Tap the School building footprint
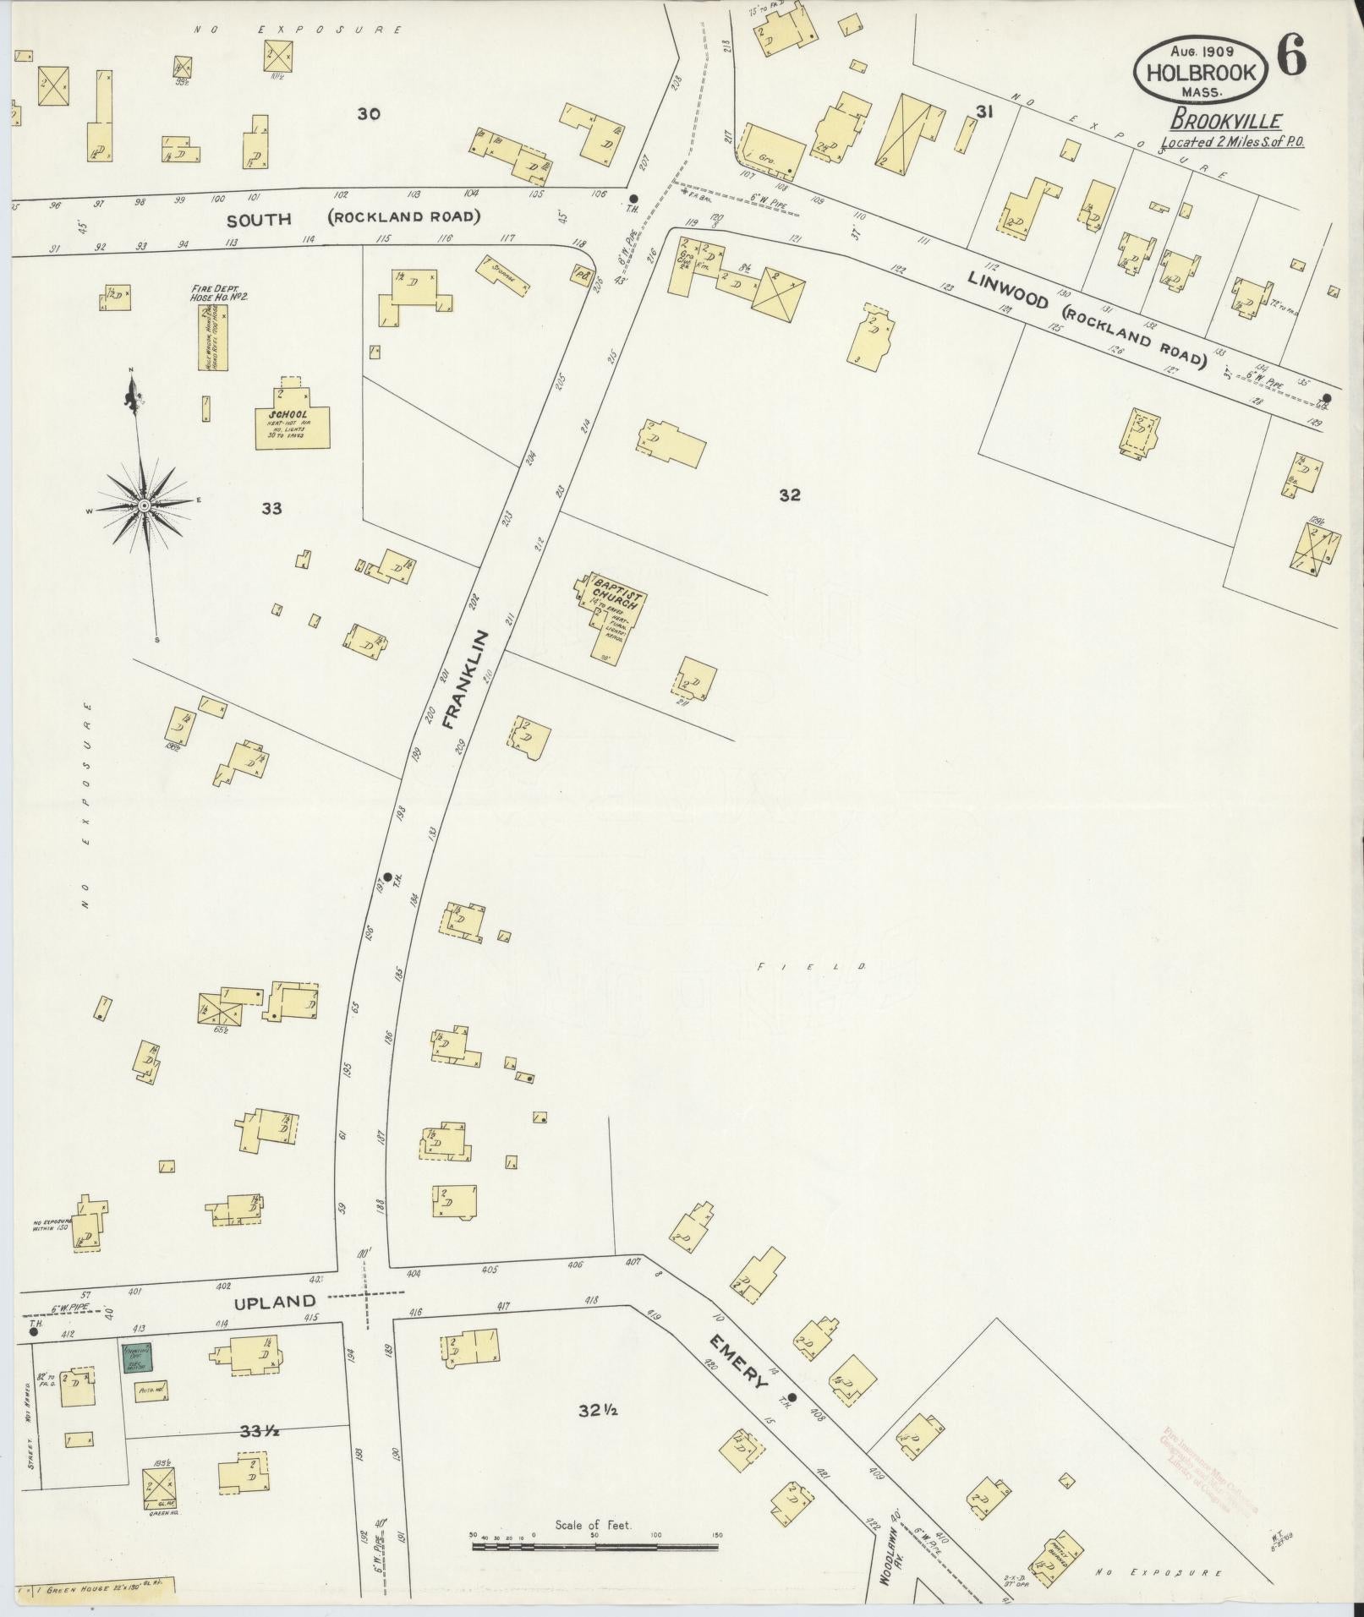coord(293,423)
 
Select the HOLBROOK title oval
coord(1201,73)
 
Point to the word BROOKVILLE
coord(1226,121)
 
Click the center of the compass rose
coord(145,505)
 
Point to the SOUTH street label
coord(259,219)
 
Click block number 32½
coord(596,1410)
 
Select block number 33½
coord(260,1431)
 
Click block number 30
coord(369,113)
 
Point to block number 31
coord(983,112)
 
